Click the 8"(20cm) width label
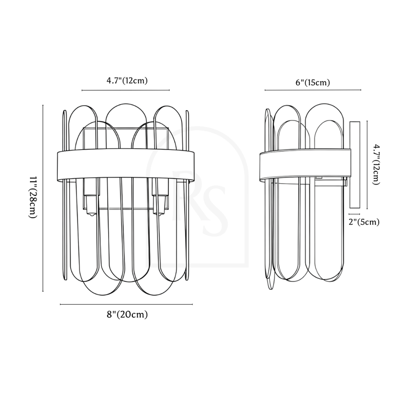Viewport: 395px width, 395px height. [127, 315]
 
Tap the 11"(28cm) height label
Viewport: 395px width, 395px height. [33, 197]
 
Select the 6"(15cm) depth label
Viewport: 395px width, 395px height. [313, 82]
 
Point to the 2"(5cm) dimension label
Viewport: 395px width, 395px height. [364, 222]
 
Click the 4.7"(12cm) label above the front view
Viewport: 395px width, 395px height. [127, 80]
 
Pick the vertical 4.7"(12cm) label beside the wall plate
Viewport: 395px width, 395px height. [375, 164]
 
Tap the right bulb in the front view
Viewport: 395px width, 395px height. [159, 205]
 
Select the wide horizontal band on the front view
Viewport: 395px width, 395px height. [126, 164]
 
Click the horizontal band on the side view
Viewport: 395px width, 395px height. [305, 165]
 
